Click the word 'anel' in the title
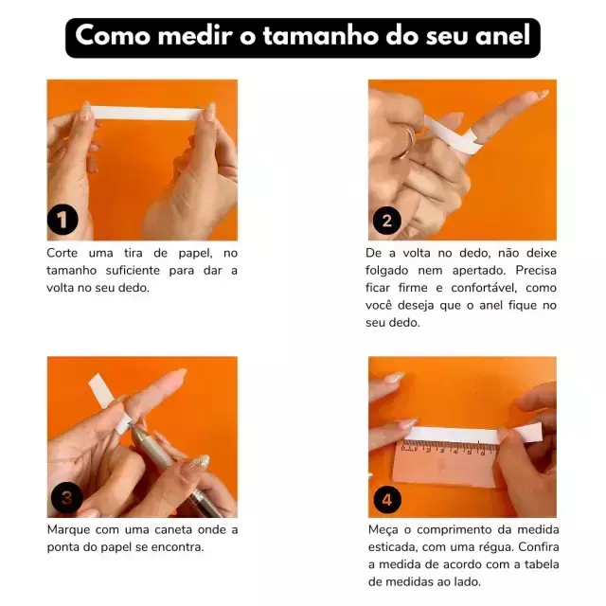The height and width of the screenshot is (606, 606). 503,36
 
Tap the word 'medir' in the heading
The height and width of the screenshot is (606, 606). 195,36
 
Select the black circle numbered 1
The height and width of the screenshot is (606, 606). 62,220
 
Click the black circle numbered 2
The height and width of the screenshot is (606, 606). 386,221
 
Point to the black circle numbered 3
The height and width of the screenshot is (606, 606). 66,498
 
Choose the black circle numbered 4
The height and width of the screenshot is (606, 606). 387,500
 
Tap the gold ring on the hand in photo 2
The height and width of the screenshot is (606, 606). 404,143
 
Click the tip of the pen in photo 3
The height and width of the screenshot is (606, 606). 129,424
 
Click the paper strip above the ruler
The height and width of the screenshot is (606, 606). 473,434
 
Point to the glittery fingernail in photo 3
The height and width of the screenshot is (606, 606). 198,461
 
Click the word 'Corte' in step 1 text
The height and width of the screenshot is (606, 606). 62,253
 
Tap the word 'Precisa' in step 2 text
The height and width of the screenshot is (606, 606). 536,270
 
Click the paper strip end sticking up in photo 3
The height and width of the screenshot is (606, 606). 101,390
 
